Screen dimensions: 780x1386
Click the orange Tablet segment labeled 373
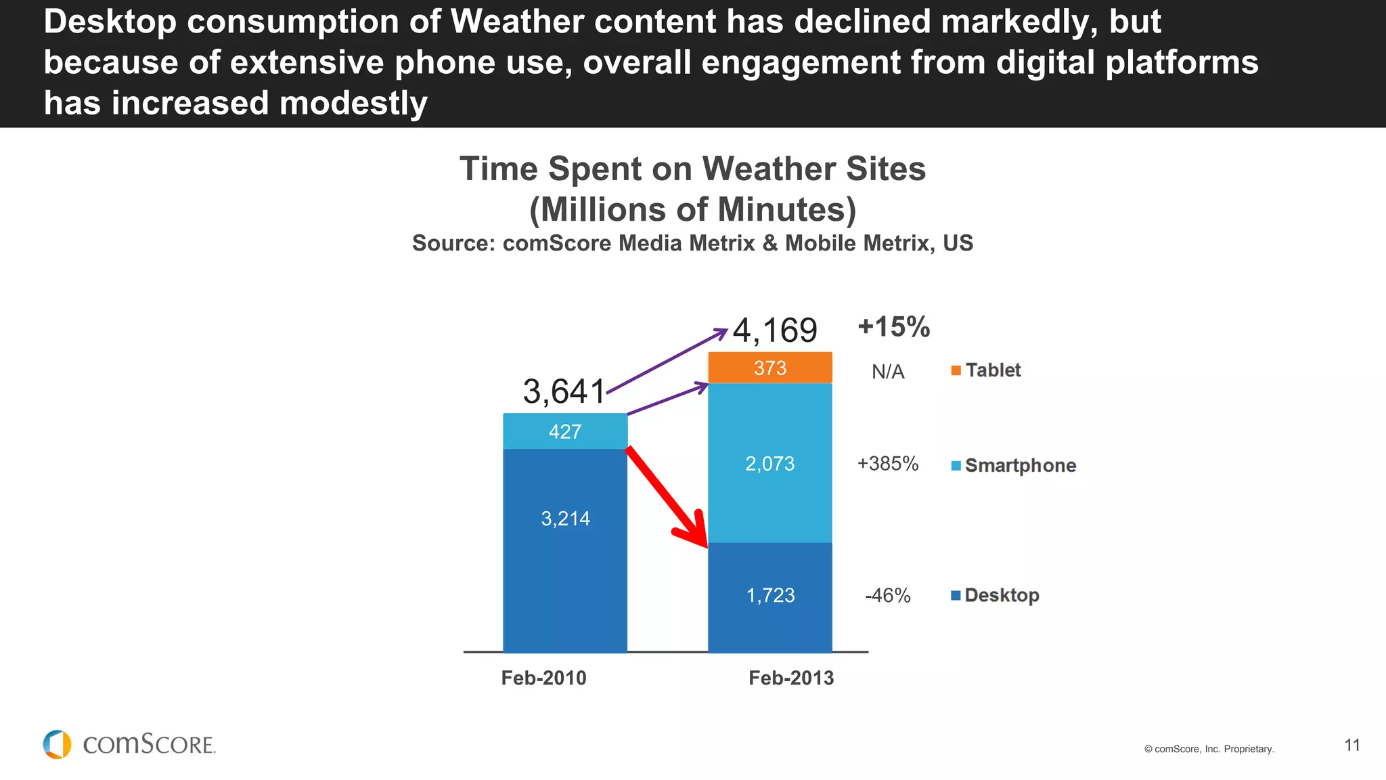point(770,368)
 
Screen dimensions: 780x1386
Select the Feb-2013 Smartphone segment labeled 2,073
point(770,463)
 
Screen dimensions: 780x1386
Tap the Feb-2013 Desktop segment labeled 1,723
point(770,596)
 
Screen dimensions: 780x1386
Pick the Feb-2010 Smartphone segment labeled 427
point(565,431)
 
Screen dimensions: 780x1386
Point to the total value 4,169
point(775,330)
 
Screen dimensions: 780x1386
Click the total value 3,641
point(564,391)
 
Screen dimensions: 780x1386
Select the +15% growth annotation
point(893,327)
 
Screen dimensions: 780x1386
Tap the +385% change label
point(887,464)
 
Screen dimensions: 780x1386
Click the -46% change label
point(887,596)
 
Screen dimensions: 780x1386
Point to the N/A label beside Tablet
point(887,372)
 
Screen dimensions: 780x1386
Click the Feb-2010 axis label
point(543,678)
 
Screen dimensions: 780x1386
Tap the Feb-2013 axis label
point(790,678)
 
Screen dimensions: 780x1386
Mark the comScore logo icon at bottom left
point(57,744)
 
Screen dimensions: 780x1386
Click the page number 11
point(1351,745)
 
